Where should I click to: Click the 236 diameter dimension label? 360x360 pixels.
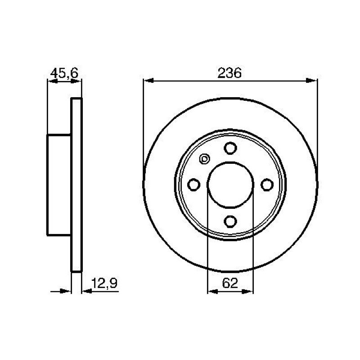coord(229,73)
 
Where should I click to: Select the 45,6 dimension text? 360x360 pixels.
coord(64,73)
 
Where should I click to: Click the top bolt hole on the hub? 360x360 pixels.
coord(230,148)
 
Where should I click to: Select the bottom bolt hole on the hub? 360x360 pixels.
coord(230,221)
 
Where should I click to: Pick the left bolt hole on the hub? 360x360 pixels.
coord(193,184)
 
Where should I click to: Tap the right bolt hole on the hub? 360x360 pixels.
coord(267,184)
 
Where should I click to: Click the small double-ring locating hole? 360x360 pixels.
coord(204,159)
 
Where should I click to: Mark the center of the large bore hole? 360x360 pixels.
coord(230,184)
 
